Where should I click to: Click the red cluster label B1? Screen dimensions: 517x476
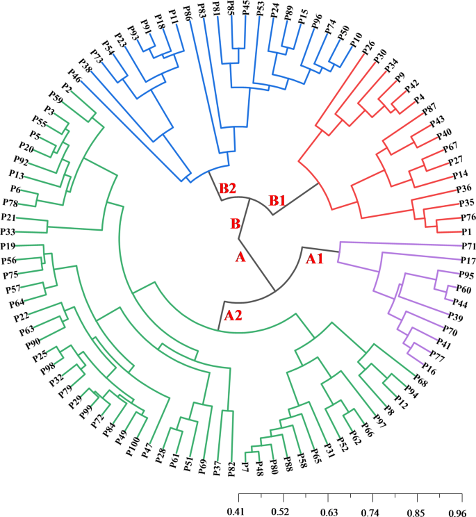pos(278,201)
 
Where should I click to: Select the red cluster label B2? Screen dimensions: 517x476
pos(228,188)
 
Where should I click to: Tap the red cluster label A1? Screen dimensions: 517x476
pos(315,258)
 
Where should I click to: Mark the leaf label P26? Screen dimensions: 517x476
pos(368,49)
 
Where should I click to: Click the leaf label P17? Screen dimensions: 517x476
pos(467,261)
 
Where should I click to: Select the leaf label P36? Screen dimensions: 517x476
pos(463,189)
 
